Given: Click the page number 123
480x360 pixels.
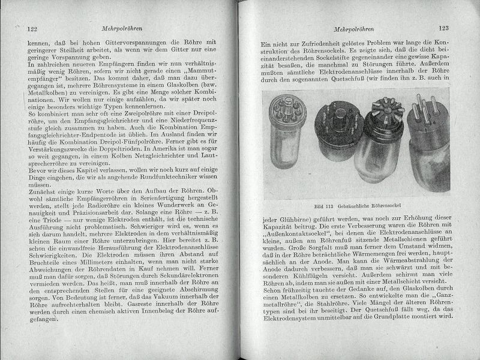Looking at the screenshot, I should [x=444, y=28].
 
